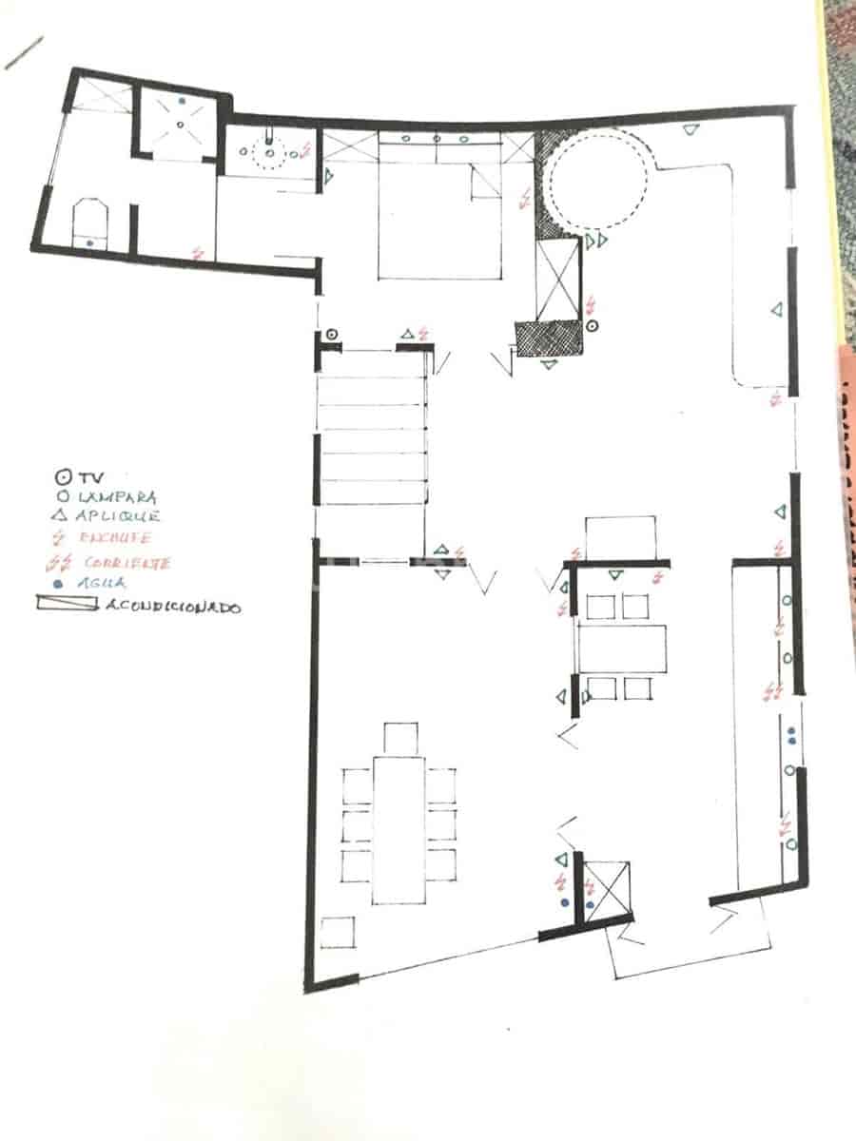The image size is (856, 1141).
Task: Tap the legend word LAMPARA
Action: click(x=116, y=496)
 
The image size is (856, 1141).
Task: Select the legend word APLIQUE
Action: click(x=118, y=516)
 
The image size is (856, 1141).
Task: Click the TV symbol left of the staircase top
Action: click(x=331, y=335)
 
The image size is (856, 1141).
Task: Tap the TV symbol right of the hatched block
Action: click(x=592, y=326)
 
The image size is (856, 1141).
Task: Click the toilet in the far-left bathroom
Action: click(x=89, y=223)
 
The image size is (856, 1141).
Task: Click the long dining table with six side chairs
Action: click(x=399, y=828)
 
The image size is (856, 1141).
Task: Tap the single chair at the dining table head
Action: click(x=400, y=738)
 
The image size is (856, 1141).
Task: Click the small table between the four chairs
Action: click(x=620, y=648)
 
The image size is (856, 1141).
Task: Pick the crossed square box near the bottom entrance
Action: click(x=606, y=888)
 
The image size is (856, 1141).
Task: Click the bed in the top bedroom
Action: click(x=439, y=223)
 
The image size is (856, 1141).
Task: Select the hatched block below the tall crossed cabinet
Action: click(x=549, y=338)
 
